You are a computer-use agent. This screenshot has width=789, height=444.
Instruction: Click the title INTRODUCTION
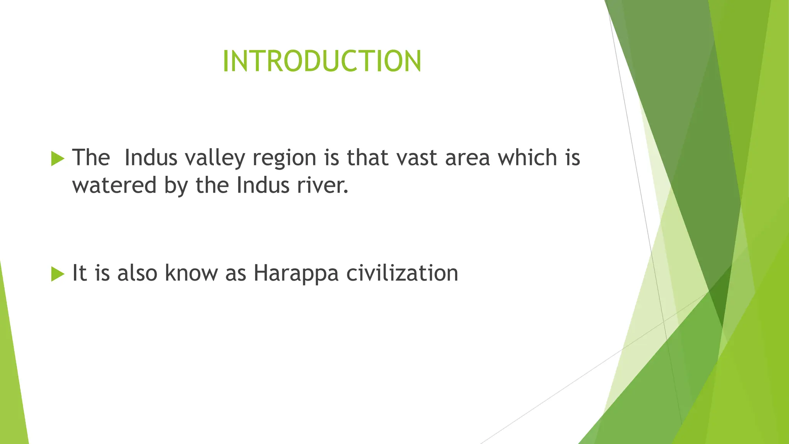pos(322,61)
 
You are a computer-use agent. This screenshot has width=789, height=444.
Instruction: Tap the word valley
pos(215,158)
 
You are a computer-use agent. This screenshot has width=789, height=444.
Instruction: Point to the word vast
pos(417,158)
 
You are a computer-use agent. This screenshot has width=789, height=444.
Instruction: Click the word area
pos(467,158)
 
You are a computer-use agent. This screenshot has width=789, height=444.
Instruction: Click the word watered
pos(114,185)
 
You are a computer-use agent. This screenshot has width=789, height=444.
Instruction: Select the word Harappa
pos(296,274)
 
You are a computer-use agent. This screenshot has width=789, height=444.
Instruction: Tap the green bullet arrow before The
pos(57,158)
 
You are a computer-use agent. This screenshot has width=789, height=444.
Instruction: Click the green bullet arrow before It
pos(57,274)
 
